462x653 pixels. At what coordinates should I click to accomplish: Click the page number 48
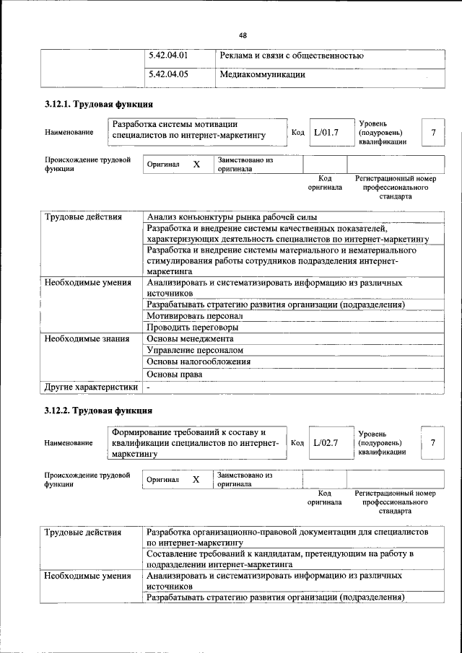pyautogui.click(x=243, y=35)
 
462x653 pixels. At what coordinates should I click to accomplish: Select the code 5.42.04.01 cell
pyautogui.click(x=167, y=56)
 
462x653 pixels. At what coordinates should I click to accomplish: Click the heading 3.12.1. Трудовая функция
pyautogui.click(x=98, y=105)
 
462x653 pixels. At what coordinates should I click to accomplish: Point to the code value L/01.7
pyautogui.click(x=326, y=132)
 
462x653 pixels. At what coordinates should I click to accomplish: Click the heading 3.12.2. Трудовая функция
pyautogui.click(x=98, y=411)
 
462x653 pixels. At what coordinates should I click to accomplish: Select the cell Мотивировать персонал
pyautogui.click(x=194, y=316)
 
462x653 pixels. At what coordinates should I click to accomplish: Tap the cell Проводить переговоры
pyautogui.click(x=192, y=328)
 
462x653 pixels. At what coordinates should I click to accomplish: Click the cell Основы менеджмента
pyautogui.click(x=190, y=338)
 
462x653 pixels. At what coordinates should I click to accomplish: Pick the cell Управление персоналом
pyautogui.click(x=190, y=350)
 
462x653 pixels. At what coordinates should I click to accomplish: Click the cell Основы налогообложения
pyautogui.click(x=199, y=361)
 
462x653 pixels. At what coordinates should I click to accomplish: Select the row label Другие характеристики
pyautogui.click(x=90, y=387)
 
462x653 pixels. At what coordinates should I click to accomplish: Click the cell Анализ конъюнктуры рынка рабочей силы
pyautogui.click(x=232, y=217)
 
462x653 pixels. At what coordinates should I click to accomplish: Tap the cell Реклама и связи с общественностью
pyautogui.click(x=291, y=56)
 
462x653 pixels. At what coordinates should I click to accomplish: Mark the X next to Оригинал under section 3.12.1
pyautogui.click(x=196, y=165)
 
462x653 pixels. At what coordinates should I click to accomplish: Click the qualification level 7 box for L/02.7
pyautogui.click(x=432, y=442)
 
